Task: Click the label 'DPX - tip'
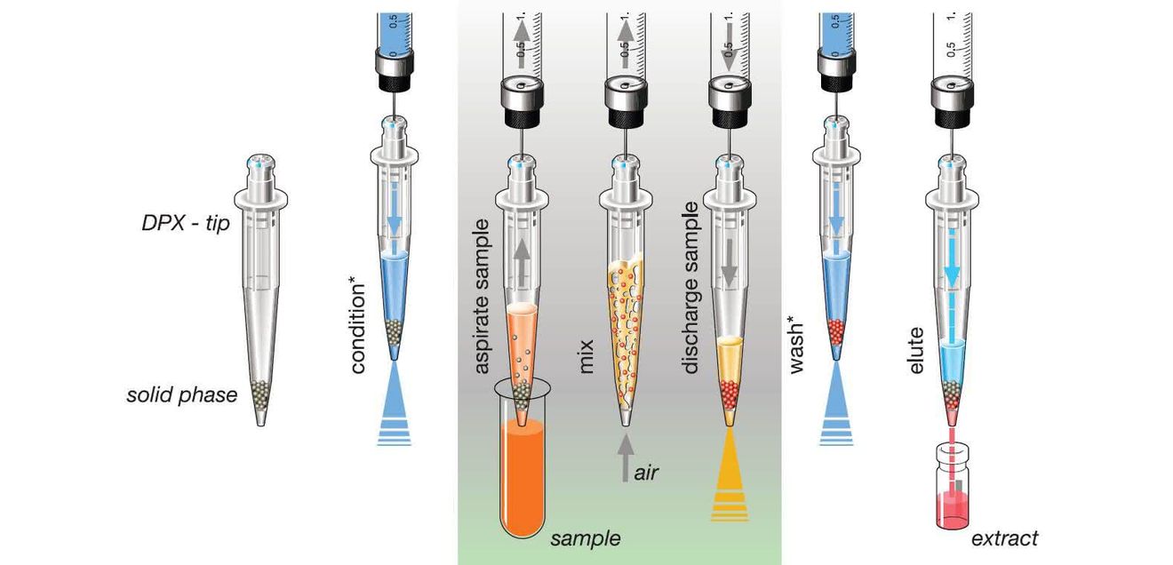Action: pos(186,224)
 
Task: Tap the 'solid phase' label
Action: pos(181,394)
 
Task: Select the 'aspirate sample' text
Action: pos(482,297)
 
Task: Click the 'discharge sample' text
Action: pos(690,288)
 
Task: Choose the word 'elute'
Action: pos(916,350)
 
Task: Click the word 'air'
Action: pos(646,473)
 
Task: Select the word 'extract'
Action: pos(1004,539)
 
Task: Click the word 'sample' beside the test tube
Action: pos(586,539)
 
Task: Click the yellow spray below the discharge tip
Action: pos(730,475)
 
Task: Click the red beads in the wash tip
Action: pos(836,331)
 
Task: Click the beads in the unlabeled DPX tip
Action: pos(260,394)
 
